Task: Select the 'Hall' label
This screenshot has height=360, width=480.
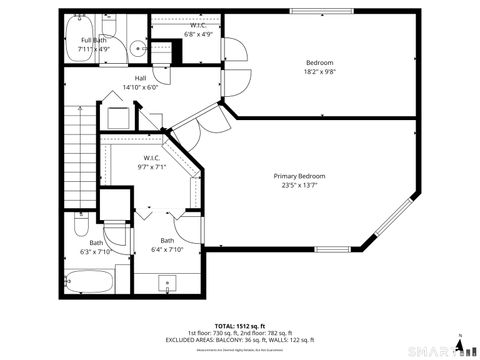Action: tap(141, 79)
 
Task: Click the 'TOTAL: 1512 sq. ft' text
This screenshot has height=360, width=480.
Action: tap(238, 325)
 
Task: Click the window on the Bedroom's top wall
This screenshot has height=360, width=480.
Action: tap(321, 12)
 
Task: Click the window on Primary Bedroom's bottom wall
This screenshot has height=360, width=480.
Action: tap(333, 249)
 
